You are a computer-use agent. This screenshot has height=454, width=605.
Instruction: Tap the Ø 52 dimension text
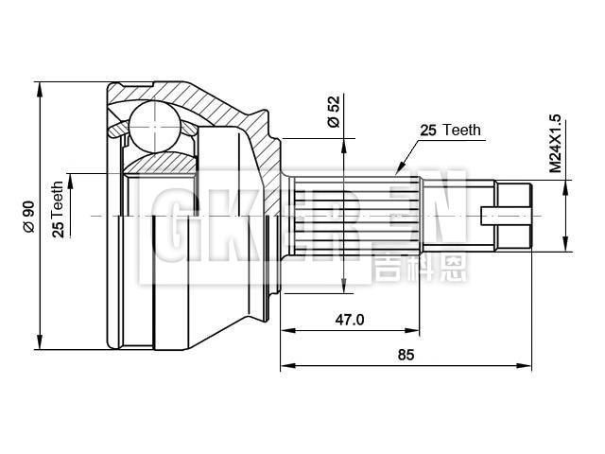(333, 113)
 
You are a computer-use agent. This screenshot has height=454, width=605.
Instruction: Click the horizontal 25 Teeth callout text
(450, 131)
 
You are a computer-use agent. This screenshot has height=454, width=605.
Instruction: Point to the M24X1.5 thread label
(555, 145)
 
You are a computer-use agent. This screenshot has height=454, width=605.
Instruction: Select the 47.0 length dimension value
(349, 320)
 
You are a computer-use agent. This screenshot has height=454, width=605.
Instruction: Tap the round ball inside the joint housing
(153, 126)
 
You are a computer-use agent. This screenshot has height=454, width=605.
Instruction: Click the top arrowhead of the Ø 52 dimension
(346, 141)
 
